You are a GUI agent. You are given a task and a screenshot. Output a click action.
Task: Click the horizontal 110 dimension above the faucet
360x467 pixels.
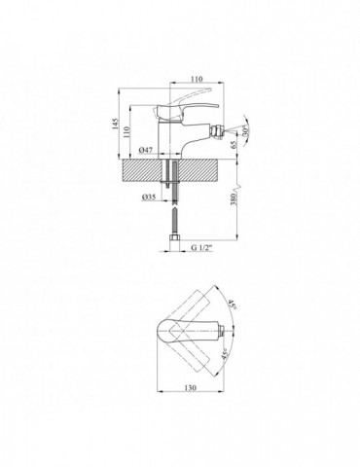click(197, 79)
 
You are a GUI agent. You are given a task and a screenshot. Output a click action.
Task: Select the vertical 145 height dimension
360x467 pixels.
click(116, 124)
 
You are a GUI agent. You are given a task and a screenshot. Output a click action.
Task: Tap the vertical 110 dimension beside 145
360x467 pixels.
click(126, 132)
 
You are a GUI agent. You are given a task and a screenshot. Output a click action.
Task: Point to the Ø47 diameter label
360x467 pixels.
click(146, 150)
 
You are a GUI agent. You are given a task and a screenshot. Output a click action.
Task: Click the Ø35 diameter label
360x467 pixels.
click(149, 197)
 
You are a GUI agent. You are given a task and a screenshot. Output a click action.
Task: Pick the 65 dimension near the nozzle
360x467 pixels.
click(234, 145)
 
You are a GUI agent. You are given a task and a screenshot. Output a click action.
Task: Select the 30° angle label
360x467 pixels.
click(246, 131)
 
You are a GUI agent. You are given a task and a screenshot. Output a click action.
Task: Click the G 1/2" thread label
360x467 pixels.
click(201, 248)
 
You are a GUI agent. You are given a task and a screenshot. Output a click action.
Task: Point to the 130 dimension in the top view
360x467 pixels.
click(191, 387)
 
